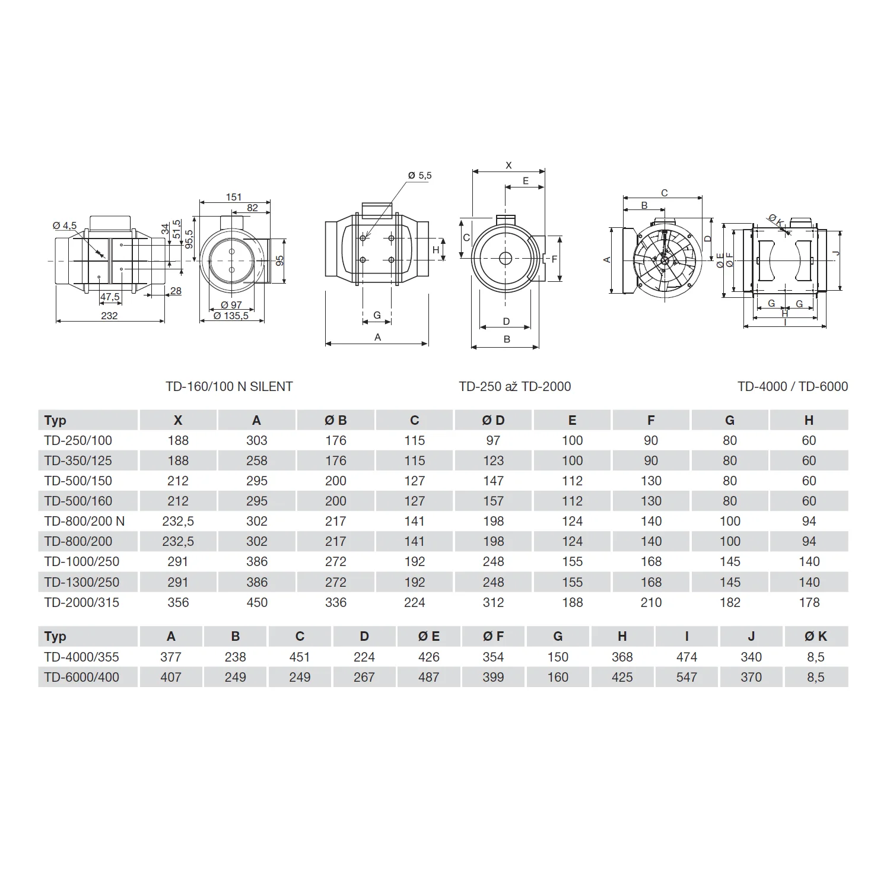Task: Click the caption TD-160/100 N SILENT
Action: pyautogui.click(x=229, y=386)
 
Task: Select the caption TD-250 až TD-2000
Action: pyautogui.click(x=514, y=386)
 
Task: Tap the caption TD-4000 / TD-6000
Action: pyautogui.click(x=792, y=386)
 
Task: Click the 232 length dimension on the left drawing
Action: pyautogui.click(x=109, y=316)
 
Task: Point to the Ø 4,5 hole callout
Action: pyautogui.click(x=65, y=225)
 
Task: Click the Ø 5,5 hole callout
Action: pyautogui.click(x=419, y=176)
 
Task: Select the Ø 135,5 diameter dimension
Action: pyautogui.click(x=231, y=316)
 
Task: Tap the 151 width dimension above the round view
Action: pyautogui.click(x=234, y=197)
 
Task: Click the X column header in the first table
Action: pyautogui.click(x=178, y=420)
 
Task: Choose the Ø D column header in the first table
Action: pyautogui.click(x=493, y=420)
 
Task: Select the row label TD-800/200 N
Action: pyautogui.click(x=84, y=521)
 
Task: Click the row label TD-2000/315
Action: pyautogui.click(x=81, y=602)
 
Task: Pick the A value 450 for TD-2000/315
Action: pyautogui.click(x=257, y=602)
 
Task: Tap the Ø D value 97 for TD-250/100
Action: pyautogui.click(x=493, y=440)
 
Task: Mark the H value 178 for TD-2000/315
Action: pyautogui.click(x=809, y=602)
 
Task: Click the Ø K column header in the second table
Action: pyautogui.click(x=815, y=636)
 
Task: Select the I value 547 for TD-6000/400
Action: pyautogui.click(x=686, y=677)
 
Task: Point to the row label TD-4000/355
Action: pyautogui.click(x=81, y=657)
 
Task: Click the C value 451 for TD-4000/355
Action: pyautogui.click(x=300, y=657)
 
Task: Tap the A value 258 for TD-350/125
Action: pyautogui.click(x=257, y=460)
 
